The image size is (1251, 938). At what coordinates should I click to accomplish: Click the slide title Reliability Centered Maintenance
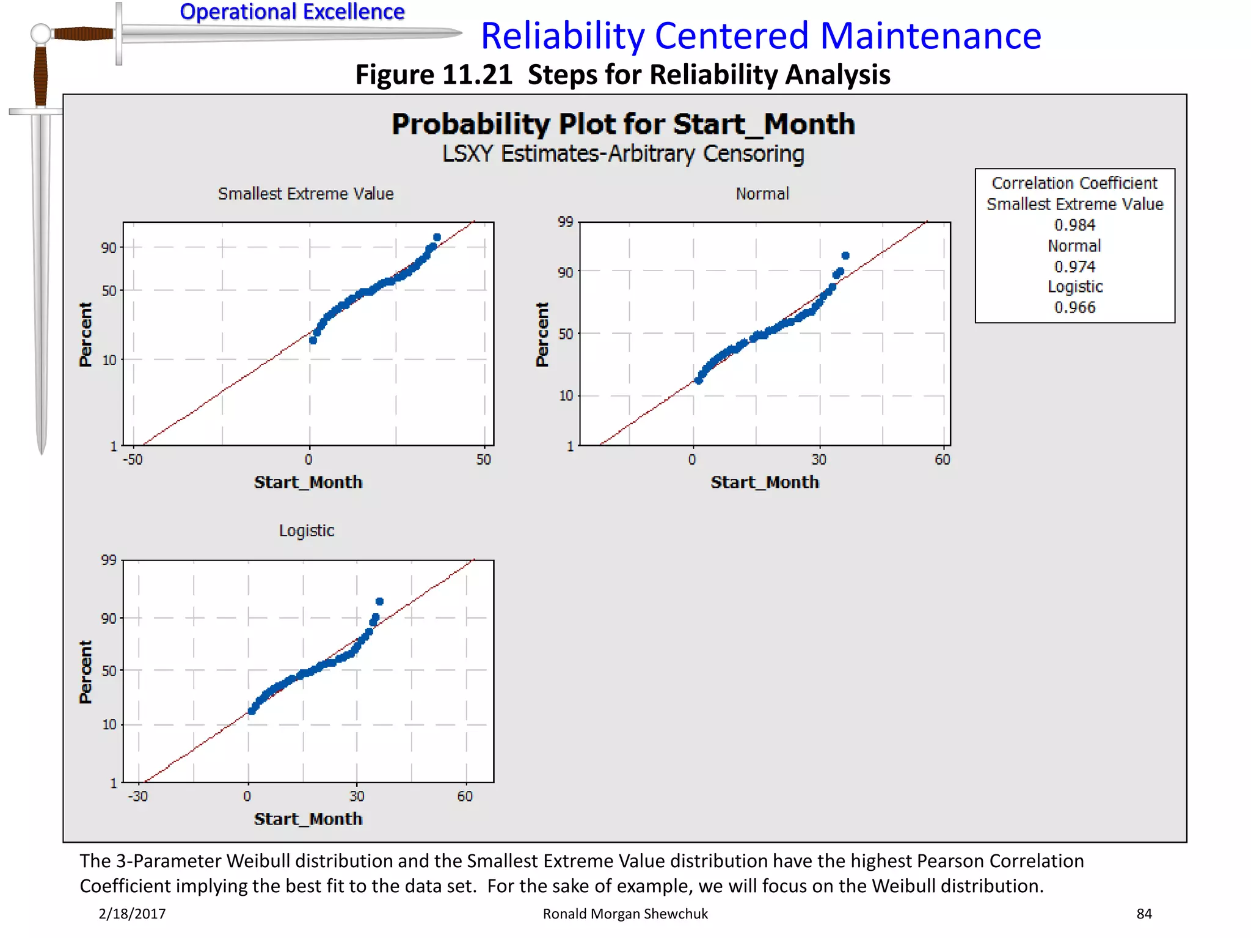click(760, 35)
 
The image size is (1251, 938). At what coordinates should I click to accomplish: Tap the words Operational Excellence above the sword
click(292, 12)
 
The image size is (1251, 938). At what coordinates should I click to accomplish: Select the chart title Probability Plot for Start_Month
click(623, 124)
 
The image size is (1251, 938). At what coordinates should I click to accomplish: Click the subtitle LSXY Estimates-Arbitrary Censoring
click(623, 154)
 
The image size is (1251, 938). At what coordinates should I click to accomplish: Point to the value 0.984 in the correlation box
click(1074, 225)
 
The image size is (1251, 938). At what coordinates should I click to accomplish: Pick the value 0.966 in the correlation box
click(1074, 307)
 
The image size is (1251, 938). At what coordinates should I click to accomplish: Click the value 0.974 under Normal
click(1074, 266)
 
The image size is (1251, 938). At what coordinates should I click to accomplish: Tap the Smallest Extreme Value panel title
click(305, 194)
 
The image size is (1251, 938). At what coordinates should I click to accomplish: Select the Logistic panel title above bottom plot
click(307, 531)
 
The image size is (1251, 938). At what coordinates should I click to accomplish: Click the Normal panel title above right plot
click(762, 194)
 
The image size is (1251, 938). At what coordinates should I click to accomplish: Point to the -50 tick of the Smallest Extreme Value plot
click(133, 459)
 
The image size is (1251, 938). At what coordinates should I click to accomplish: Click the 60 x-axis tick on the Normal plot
click(943, 459)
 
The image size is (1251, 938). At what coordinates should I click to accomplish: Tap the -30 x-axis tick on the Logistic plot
click(138, 796)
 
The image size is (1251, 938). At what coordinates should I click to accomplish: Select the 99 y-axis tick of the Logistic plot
click(109, 560)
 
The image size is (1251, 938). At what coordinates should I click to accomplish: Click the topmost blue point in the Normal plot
click(845, 255)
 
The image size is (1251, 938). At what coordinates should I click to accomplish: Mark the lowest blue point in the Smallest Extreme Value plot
click(313, 340)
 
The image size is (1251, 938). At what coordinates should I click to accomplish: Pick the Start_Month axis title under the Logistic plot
click(308, 819)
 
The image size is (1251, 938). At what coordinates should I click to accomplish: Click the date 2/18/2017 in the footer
click(132, 914)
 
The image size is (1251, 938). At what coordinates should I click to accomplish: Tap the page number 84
click(1144, 914)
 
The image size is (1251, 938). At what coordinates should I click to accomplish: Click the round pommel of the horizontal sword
click(40, 34)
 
